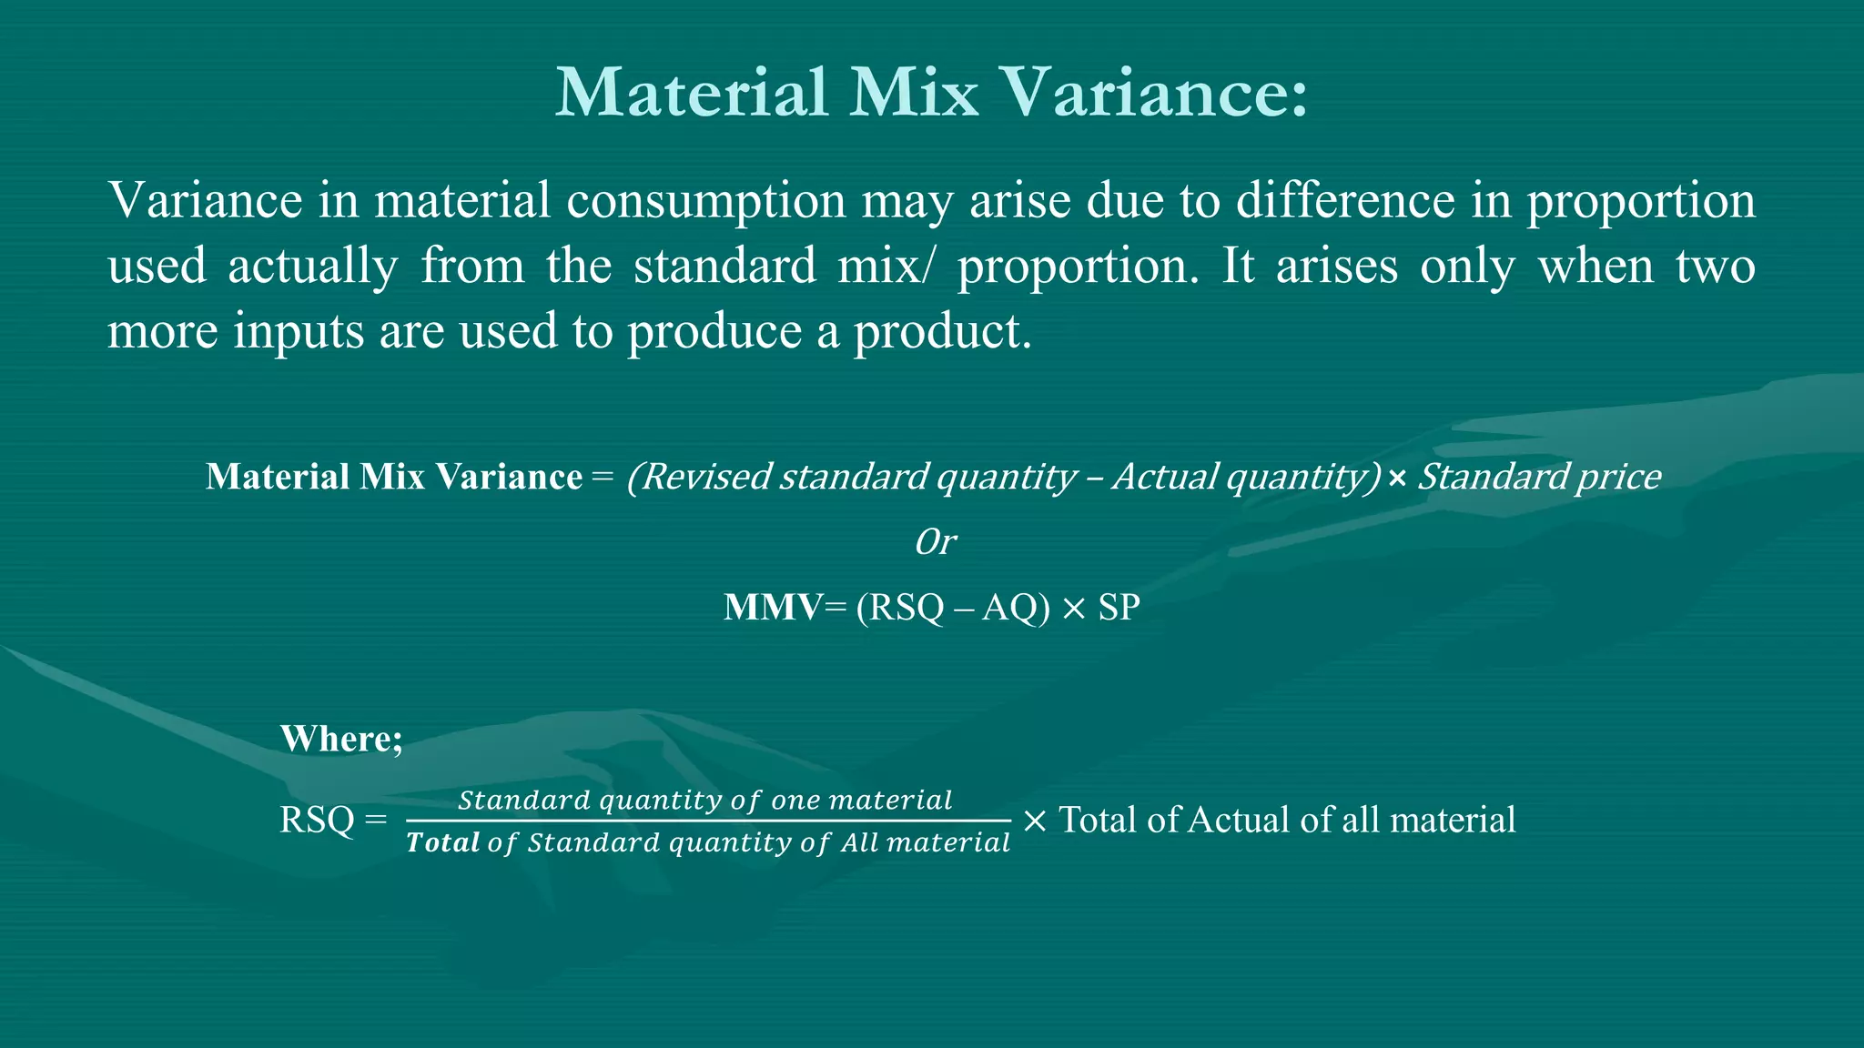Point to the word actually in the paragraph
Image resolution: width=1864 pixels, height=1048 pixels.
point(312,267)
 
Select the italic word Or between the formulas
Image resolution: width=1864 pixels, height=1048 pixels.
point(934,542)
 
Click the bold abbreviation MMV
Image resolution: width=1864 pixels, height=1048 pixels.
point(772,607)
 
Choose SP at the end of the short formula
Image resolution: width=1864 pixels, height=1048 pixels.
point(1119,607)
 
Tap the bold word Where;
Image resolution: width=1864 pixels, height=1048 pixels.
point(341,739)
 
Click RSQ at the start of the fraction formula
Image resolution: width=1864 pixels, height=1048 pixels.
point(317,820)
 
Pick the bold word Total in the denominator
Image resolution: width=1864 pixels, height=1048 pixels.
point(442,842)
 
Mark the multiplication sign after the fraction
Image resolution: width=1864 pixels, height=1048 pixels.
point(1034,821)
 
